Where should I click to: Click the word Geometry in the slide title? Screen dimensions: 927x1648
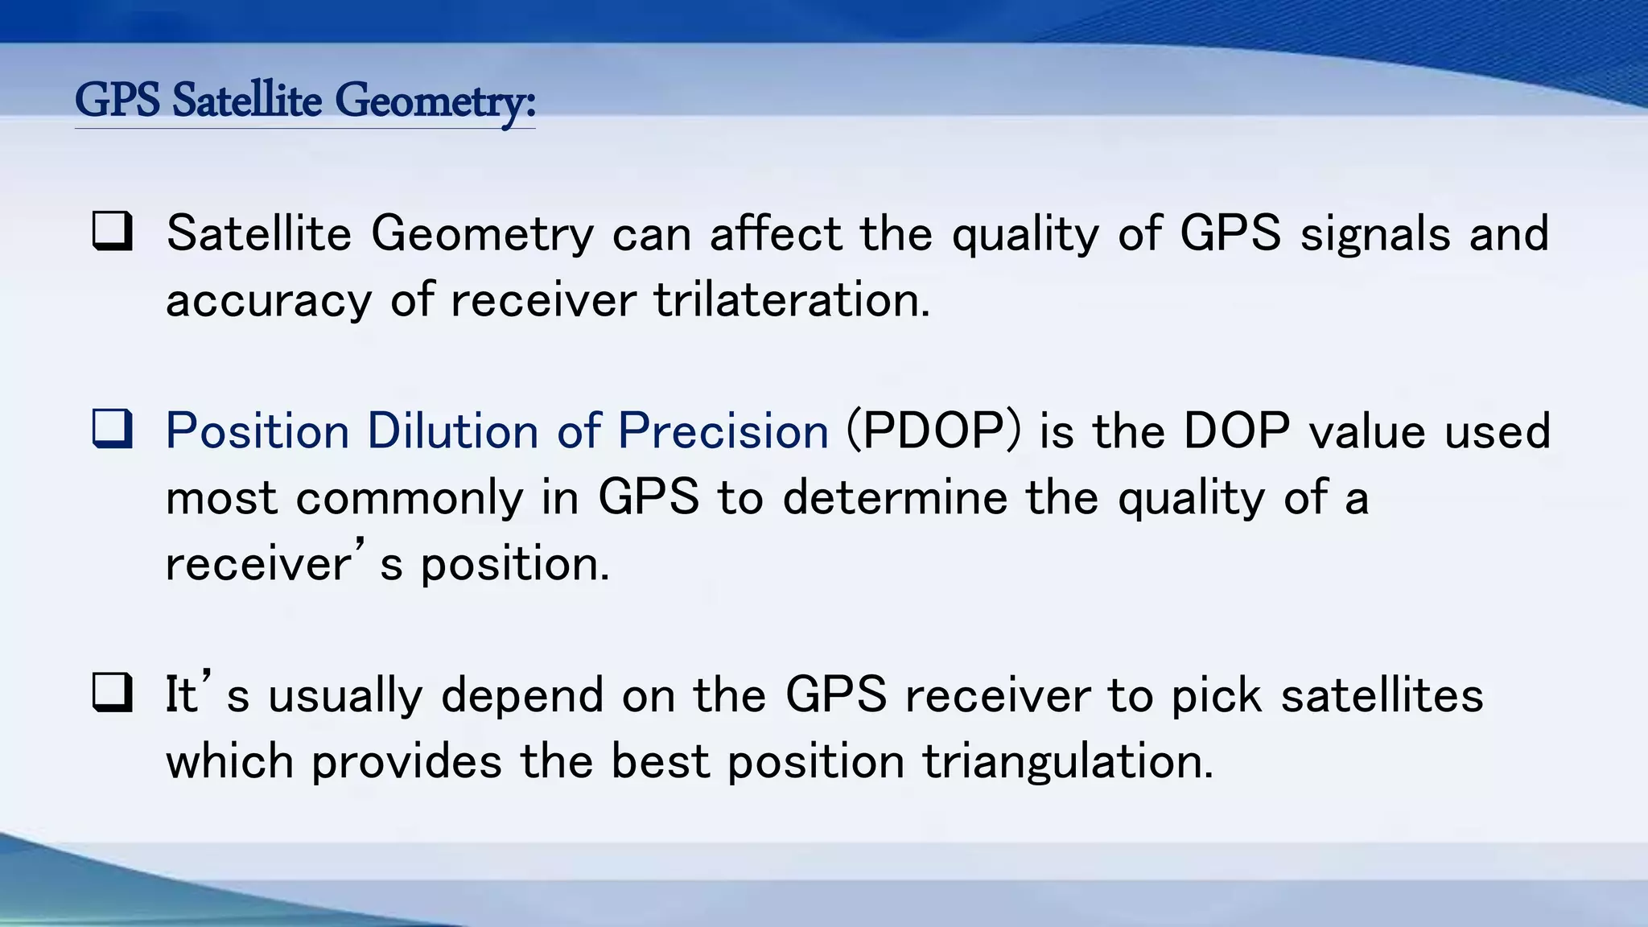pyautogui.click(x=435, y=102)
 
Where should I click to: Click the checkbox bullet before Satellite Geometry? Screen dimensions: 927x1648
pyautogui.click(x=113, y=233)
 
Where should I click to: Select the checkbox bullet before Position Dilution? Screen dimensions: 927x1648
pyautogui.click(x=113, y=429)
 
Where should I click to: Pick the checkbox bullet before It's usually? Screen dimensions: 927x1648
pyautogui.click(x=113, y=693)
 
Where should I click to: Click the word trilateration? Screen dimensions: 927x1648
pyautogui.click(x=791, y=300)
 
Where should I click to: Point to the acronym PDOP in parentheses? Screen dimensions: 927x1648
pyautogui.click(x=933, y=431)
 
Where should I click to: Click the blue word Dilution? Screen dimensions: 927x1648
pyautogui.click(x=452, y=431)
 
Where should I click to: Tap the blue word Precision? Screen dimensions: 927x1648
pyautogui.click(x=723, y=431)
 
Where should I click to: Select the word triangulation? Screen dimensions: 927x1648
pyautogui.click(x=1067, y=761)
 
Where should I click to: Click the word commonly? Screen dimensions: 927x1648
pyautogui.click(x=410, y=498)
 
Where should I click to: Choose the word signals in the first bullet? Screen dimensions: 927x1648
pyautogui.click(x=1375, y=234)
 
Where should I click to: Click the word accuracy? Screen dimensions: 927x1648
pyautogui.click(x=269, y=302)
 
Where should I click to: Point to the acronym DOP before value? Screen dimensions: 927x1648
pyautogui.click(x=1237, y=431)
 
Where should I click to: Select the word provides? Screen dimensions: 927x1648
pyautogui.click(x=406, y=761)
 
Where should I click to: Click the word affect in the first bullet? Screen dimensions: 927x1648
pyautogui.click(x=775, y=234)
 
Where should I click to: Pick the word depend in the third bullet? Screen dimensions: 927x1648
pyautogui.click(x=522, y=696)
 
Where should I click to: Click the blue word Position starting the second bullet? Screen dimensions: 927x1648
pyautogui.click(x=257, y=431)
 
